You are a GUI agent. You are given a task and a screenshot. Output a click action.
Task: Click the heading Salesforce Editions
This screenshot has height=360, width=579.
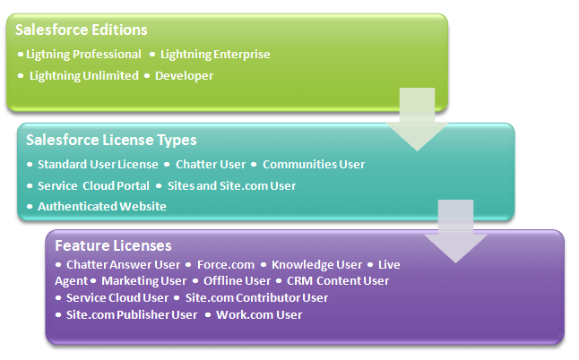(82, 30)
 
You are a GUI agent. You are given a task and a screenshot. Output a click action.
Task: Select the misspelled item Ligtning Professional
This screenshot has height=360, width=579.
(83, 55)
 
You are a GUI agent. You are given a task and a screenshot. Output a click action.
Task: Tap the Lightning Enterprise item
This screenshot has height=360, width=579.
(215, 55)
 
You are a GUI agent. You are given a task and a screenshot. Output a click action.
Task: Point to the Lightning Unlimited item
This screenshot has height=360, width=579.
(84, 76)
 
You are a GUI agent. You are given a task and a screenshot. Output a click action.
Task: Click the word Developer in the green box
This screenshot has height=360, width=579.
(185, 76)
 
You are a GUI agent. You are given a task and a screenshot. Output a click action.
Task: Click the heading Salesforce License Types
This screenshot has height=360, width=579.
(111, 141)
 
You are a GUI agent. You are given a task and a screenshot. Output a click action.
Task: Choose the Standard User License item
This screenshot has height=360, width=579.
(98, 165)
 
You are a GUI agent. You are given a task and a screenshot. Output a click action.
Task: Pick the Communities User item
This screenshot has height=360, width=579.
(314, 165)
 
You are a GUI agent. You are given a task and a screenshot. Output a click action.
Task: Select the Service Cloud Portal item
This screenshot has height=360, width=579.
(93, 186)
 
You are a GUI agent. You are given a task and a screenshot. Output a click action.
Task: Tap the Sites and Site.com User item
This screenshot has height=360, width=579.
(231, 186)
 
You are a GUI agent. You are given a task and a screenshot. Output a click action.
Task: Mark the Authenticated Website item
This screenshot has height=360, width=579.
(102, 207)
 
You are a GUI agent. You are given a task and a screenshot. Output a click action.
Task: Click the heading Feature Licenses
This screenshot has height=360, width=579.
(113, 246)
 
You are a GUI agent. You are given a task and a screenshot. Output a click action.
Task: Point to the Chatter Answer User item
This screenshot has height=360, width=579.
(123, 265)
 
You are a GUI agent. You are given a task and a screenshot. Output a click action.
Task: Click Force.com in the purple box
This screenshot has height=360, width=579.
(226, 265)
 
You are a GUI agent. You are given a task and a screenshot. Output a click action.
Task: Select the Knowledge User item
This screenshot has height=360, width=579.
(316, 265)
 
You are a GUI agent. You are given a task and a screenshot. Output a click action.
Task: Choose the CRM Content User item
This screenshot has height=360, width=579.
(338, 281)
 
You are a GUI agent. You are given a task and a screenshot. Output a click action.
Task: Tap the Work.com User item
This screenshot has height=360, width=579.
(259, 315)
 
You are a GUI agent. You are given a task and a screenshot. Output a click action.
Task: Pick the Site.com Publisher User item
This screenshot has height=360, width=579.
(132, 315)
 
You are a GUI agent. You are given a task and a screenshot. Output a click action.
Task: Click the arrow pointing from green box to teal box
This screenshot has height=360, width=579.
(418, 119)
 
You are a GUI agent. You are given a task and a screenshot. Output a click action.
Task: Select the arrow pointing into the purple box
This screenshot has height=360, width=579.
(455, 232)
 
